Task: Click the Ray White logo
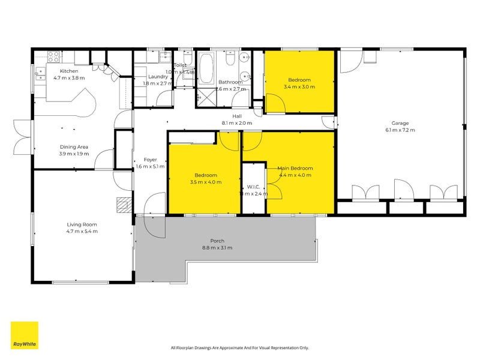coord(25,335)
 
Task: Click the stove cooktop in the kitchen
coord(53,58)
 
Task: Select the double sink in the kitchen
coord(40,73)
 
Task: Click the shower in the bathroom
coord(207,97)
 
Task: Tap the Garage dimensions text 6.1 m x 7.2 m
coord(400,130)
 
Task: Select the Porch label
coord(217,241)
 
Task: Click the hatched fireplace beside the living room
coord(124,205)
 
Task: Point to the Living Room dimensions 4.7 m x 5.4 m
coord(82,231)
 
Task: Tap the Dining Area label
coord(74,146)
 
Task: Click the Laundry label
coord(158,76)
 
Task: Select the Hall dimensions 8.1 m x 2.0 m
coord(237,123)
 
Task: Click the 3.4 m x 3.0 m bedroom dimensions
coord(299,86)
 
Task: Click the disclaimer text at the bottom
coord(240,347)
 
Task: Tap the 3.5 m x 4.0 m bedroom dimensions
coord(203,182)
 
